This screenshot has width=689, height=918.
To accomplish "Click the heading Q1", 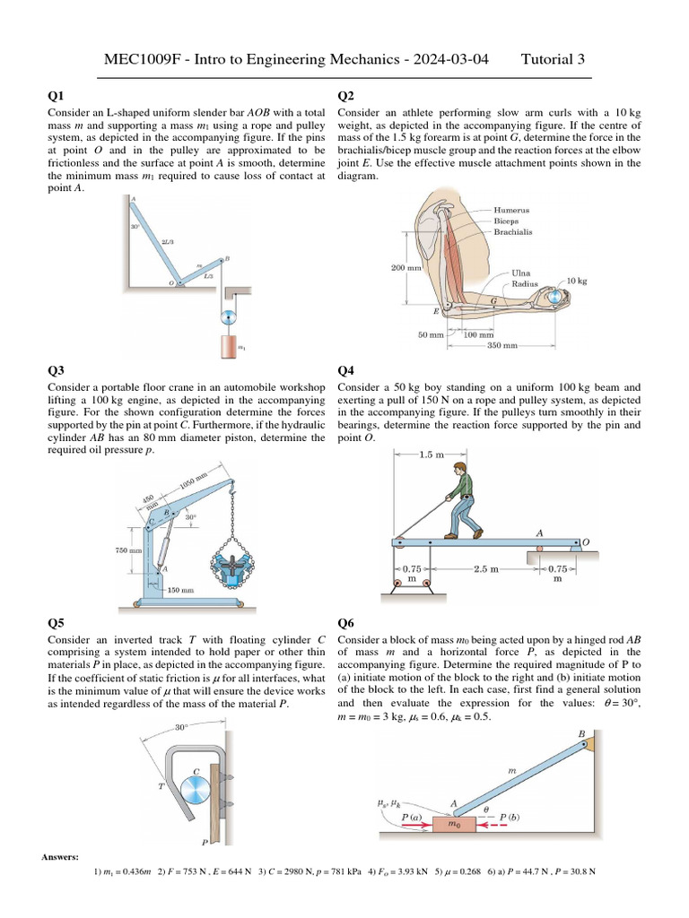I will point(56,96).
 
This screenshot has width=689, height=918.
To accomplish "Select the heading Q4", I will point(345,370).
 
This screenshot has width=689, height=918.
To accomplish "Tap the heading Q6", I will point(345,623).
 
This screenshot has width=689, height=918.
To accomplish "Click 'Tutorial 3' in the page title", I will point(553,60).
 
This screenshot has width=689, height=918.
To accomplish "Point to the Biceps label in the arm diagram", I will point(508,221).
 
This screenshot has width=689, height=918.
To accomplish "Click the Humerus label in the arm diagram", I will point(511,210).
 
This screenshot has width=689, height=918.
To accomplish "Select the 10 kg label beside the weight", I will point(577,281).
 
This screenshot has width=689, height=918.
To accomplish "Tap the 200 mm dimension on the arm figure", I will point(406,267).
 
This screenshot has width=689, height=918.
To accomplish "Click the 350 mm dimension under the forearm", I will point(501,345).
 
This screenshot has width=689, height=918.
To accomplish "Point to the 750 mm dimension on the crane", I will point(128,550).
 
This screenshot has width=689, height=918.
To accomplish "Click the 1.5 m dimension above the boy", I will point(432,455).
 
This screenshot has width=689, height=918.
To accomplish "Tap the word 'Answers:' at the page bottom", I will point(61,858).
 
